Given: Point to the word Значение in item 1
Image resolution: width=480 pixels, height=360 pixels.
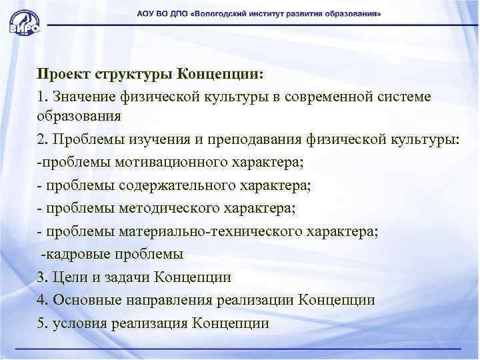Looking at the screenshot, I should (85, 96).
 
